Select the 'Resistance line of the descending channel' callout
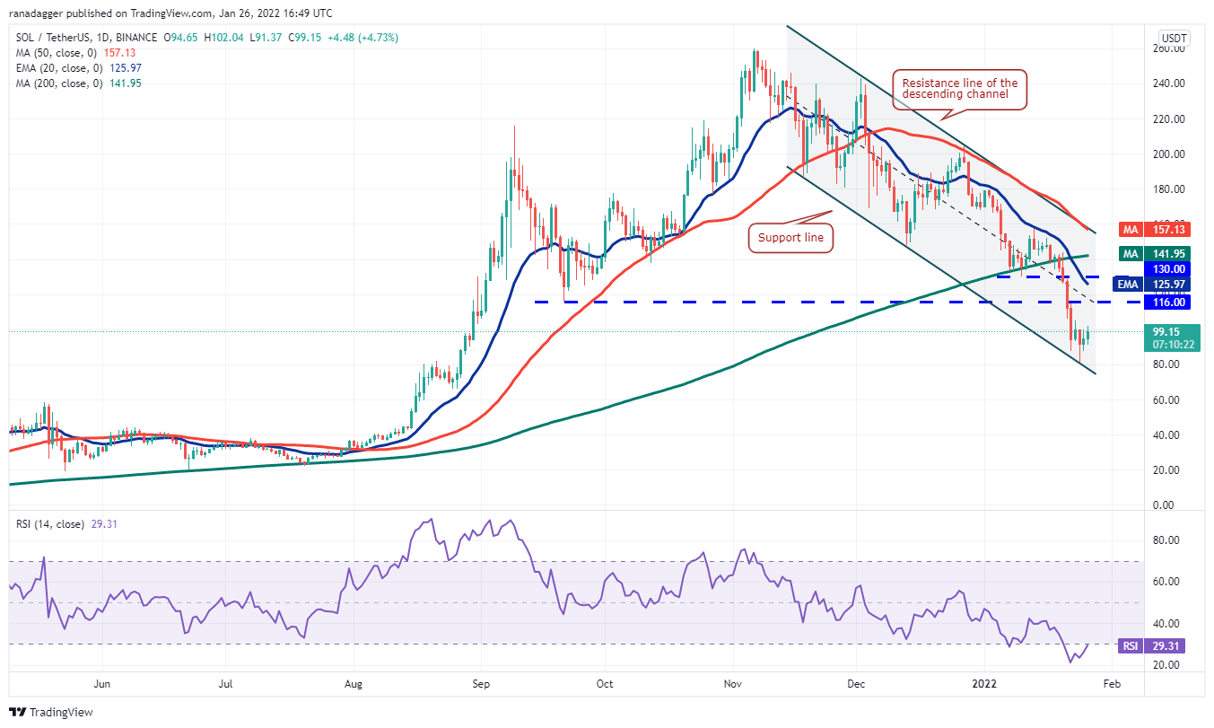pyautogui.click(x=958, y=89)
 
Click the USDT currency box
pyautogui.click(x=1173, y=39)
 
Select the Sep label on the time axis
pyautogui.click(x=481, y=684)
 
